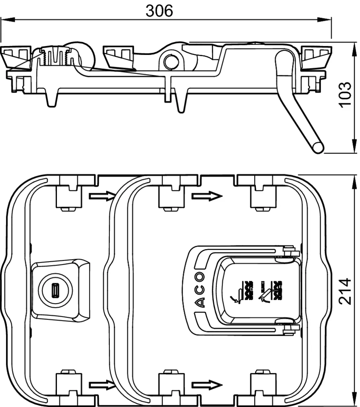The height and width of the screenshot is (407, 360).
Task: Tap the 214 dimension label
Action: [x=345, y=291]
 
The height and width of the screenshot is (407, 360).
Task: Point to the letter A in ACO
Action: [x=200, y=302]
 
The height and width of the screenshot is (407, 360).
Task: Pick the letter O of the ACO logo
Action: [x=200, y=278]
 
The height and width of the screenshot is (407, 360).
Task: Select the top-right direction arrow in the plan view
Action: [x=207, y=197]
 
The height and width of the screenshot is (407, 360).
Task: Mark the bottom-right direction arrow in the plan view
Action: [x=207, y=384]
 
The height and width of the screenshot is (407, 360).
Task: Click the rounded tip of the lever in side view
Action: [x=318, y=147]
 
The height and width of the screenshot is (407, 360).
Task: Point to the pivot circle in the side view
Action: [x=170, y=61]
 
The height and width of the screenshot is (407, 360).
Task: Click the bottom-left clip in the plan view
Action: [x=68, y=385]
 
